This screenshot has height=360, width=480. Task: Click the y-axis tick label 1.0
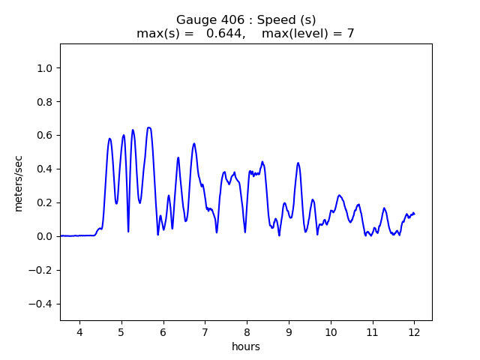pyautogui.click(x=46, y=68)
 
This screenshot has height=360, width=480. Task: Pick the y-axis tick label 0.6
pyautogui.click(x=46, y=136)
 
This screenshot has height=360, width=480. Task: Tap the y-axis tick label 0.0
pyautogui.click(x=46, y=236)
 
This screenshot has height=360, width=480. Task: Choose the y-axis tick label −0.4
pyautogui.click(x=43, y=304)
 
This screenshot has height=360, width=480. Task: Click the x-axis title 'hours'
pyautogui.click(x=246, y=347)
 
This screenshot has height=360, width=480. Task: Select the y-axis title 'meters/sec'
pyautogui.click(x=19, y=182)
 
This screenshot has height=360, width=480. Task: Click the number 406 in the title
pyautogui.click(x=224, y=19)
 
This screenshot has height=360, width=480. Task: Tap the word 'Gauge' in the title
pyautogui.click(x=193, y=19)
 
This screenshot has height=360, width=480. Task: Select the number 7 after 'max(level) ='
pyautogui.click(x=350, y=34)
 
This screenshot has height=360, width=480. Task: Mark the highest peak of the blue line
pyautogui.click(x=148, y=127)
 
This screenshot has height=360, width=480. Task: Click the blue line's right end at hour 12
pyautogui.click(x=414, y=214)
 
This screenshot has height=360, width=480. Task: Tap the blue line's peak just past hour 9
pyautogui.click(x=298, y=163)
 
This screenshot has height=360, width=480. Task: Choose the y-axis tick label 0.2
pyautogui.click(x=46, y=202)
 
